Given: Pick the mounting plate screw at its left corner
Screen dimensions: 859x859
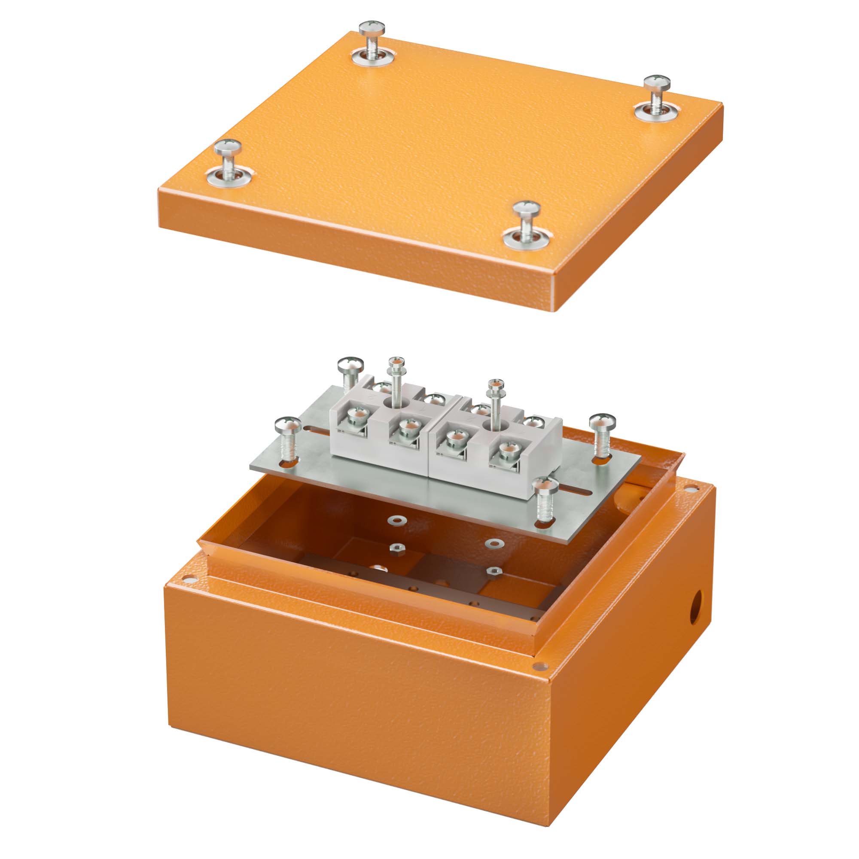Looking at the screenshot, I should (288, 440).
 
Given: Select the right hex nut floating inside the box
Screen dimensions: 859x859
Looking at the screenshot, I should (493, 571).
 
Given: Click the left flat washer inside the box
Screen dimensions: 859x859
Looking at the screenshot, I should (393, 520).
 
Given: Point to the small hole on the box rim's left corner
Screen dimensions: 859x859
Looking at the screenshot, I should (191, 579).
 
